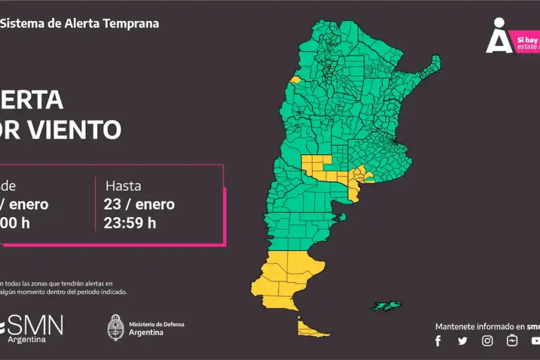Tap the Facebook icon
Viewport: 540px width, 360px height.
coord(438,341)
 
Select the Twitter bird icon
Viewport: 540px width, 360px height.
coord(463,341)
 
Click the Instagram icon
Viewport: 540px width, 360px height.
coord(488,341)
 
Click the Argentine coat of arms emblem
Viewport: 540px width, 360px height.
coord(116,328)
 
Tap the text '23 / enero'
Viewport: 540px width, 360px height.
coord(139,204)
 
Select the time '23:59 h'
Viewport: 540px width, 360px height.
coord(130,223)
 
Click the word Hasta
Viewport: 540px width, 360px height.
coord(124,185)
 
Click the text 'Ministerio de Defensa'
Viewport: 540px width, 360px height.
coord(157,324)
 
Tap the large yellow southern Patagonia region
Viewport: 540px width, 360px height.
coord(282,276)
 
